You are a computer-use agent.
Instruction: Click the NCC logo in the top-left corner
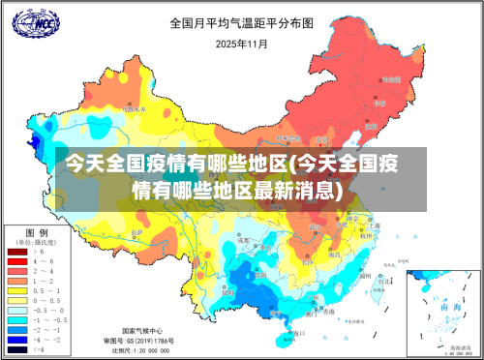tap(29, 22)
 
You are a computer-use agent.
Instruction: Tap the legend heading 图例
tap(36, 234)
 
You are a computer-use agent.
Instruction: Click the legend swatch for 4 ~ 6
tap(17, 261)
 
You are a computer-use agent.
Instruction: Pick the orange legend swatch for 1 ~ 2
tap(17, 281)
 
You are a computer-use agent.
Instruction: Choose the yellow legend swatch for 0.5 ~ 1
tap(17, 290)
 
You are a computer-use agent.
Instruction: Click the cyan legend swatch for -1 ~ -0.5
tap(17, 318)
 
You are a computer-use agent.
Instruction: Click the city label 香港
tap(328, 313)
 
